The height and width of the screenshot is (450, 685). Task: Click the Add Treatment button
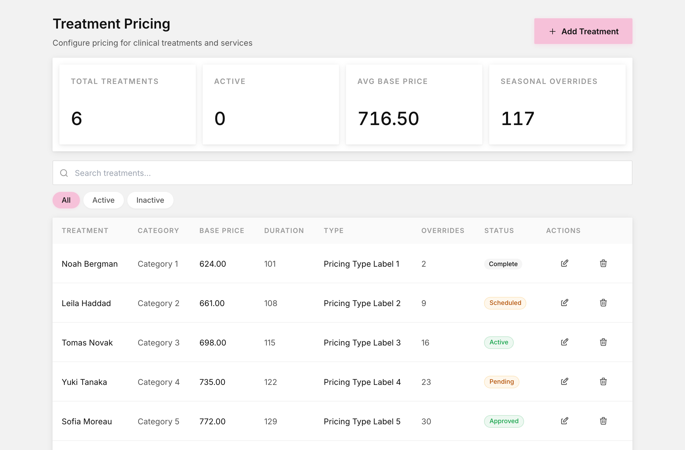point(583,31)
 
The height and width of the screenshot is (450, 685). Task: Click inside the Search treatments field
point(342,173)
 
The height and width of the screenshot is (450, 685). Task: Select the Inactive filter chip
point(150,200)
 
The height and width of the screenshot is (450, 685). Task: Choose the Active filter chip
point(103,200)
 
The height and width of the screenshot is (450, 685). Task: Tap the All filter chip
point(66,200)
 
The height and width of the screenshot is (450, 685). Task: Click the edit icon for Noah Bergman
point(564,264)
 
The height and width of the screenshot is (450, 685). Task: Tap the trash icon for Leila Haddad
point(603,303)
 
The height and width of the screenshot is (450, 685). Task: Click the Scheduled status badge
point(505,303)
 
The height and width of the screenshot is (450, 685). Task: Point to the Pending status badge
point(502,382)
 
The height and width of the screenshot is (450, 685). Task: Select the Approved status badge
point(504,421)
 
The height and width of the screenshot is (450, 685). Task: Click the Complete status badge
point(503,264)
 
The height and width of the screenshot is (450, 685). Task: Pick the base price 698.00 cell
point(213,343)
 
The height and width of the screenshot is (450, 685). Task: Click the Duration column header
point(284,231)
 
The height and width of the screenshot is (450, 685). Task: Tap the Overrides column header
point(443,231)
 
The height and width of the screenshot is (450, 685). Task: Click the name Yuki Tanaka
point(84,382)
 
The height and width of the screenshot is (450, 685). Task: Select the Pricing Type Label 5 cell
point(362,421)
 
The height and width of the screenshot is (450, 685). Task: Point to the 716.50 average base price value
point(388,118)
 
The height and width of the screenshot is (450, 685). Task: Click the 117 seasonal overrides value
point(517,118)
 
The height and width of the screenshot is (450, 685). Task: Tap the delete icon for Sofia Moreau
point(603,421)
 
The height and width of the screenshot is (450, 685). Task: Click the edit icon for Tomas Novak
point(564,342)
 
